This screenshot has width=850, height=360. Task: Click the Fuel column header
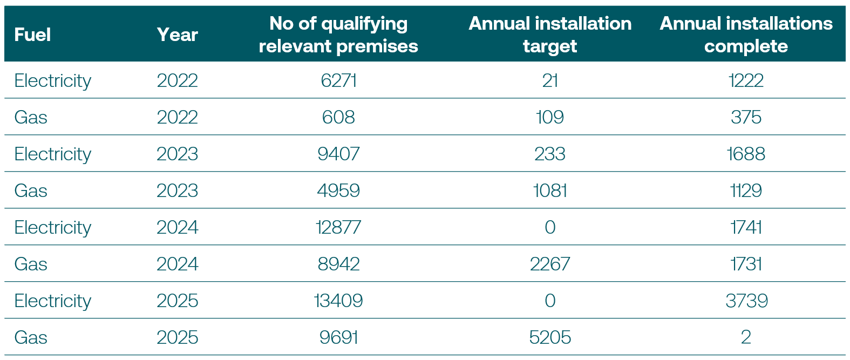[x=32, y=35]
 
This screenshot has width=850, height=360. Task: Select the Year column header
[x=177, y=35]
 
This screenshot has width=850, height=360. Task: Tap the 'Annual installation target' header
[x=549, y=35]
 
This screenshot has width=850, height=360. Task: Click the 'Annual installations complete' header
[x=746, y=35]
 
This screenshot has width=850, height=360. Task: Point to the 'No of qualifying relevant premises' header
[x=338, y=35]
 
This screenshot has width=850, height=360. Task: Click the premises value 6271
[x=338, y=80]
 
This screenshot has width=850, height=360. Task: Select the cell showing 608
[x=338, y=117]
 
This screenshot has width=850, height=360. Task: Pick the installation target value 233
[x=549, y=154]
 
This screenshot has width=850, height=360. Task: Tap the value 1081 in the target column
[x=549, y=191]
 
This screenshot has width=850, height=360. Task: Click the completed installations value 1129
[x=746, y=191]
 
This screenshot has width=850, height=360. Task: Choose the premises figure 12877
[x=338, y=227]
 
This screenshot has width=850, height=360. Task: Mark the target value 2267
[x=549, y=264]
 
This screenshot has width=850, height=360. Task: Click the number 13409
[x=338, y=301]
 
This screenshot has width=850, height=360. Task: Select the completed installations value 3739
[x=746, y=301]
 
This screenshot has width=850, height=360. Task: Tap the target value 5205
[x=549, y=337]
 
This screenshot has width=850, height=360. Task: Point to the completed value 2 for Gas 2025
[x=746, y=337]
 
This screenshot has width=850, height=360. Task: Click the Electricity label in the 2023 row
[x=52, y=154]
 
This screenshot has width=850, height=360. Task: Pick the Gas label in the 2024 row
[x=31, y=264]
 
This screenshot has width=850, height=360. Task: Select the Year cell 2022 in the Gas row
[x=177, y=117]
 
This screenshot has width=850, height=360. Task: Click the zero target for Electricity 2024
[x=549, y=227]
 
